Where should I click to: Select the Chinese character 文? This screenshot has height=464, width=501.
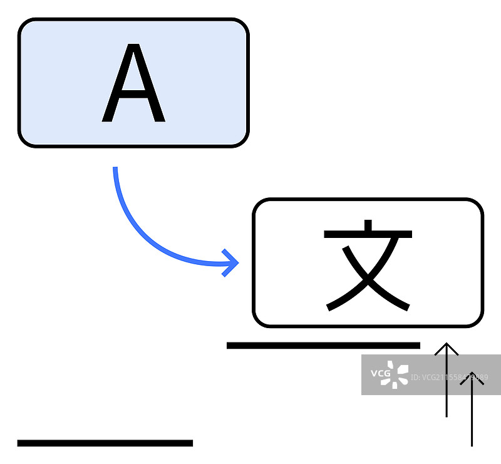368,266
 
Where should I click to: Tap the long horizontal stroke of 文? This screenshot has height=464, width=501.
368,235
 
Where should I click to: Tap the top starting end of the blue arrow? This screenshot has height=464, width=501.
115,169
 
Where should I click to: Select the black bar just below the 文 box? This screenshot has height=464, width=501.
323,345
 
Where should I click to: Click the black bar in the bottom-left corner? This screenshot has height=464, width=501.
105,443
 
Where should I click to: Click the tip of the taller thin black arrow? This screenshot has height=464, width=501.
447,344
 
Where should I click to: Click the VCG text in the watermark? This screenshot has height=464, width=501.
381,374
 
